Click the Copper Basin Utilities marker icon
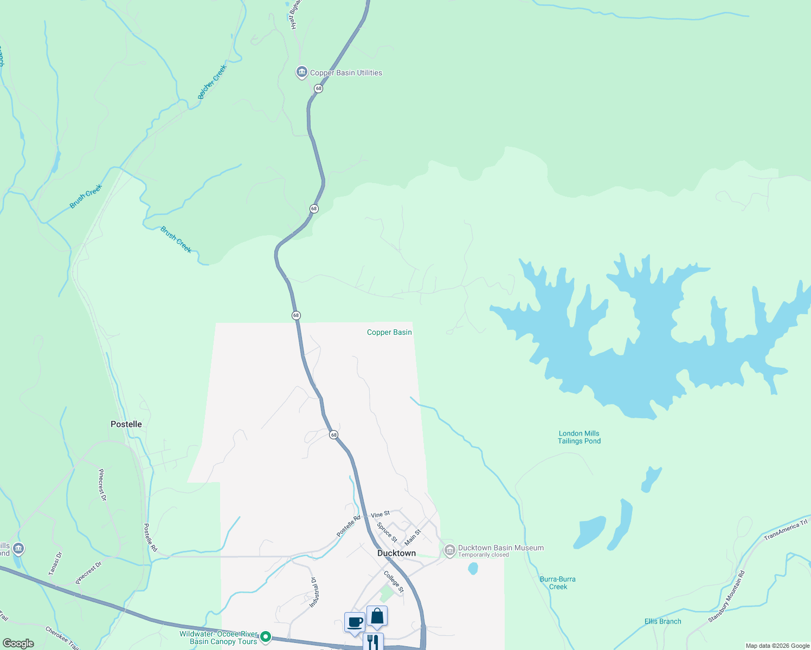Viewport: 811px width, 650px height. (302, 72)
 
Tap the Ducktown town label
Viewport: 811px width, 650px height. (396, 553)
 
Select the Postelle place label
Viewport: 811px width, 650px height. (126, 424)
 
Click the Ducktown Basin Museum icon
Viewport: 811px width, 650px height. (449, 551)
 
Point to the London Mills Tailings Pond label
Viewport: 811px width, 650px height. (579, 437)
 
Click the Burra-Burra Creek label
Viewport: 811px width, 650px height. (558, 583)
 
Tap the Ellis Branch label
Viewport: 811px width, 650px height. (662, 621)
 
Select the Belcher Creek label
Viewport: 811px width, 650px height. (212, 82)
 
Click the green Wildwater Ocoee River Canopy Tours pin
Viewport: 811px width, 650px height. (266, 636)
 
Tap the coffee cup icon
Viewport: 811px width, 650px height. (355, 622)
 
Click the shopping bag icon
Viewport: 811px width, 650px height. (377, 616)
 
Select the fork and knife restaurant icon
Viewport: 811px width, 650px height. (373, 642)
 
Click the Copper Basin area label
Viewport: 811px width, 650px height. (389, 332)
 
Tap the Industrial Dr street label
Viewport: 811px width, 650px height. (313, 592)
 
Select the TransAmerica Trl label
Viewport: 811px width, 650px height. (786, 530)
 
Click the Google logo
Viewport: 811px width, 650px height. (18, 643)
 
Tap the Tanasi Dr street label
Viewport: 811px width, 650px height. (55, 563)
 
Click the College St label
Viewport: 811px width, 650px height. (394, 582)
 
